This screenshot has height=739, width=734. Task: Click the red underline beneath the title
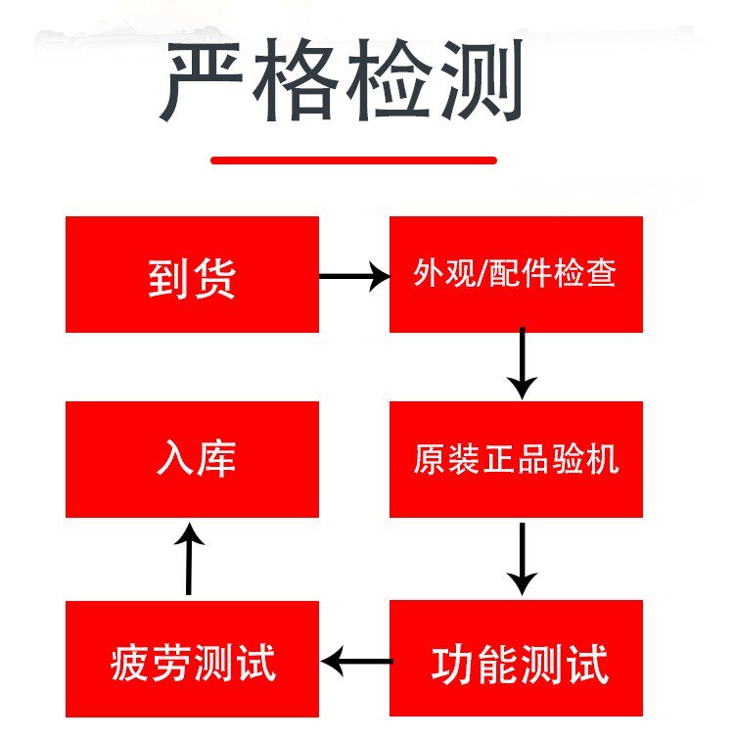point(354,160)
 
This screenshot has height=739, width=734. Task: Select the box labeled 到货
point(192,274)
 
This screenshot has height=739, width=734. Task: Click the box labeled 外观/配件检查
point(516,274)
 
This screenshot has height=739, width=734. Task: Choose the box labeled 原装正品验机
point(516,459)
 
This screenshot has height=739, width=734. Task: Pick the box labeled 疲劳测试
point(192,661)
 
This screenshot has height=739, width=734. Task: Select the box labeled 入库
point(192,459)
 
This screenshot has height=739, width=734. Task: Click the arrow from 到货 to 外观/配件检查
point(354,277)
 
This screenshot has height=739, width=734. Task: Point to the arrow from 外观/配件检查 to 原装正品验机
point(523,364)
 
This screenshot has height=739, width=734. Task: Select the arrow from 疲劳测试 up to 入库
point(189,560)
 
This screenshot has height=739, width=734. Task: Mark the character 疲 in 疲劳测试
point(131,665)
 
